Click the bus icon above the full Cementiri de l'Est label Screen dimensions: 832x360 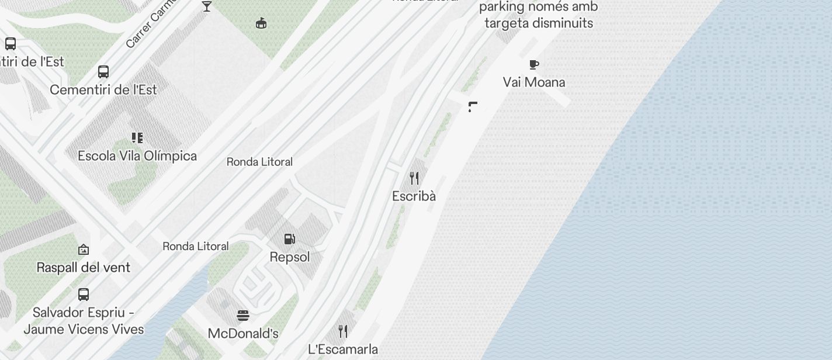coord(103,72)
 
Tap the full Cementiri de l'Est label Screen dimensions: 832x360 coord(103,90)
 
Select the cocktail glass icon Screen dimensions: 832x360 coord(207,6)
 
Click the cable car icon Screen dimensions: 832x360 coord(261,23)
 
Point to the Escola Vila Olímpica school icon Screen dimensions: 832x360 coord(137,138)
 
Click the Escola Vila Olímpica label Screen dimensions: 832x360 coord(137,156)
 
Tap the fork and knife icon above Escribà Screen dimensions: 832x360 coord(414,178)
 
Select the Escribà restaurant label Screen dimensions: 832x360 coord(414,196)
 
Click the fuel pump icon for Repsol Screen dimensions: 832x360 coord(289,239)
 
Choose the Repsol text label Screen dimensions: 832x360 coord(290,257)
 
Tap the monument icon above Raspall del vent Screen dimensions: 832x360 coord(84,250)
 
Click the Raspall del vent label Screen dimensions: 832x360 coord(84,268)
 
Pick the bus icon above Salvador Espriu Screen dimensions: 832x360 coord(84,294)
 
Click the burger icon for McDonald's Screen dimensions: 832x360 coord(243,316)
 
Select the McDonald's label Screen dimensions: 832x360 coord(243,334)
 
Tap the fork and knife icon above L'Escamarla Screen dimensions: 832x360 coord(343,331)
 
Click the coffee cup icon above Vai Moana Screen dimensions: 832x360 coord(534,64)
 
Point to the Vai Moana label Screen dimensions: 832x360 coord(534,82)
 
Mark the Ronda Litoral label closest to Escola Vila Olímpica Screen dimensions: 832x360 coord(259,162)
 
